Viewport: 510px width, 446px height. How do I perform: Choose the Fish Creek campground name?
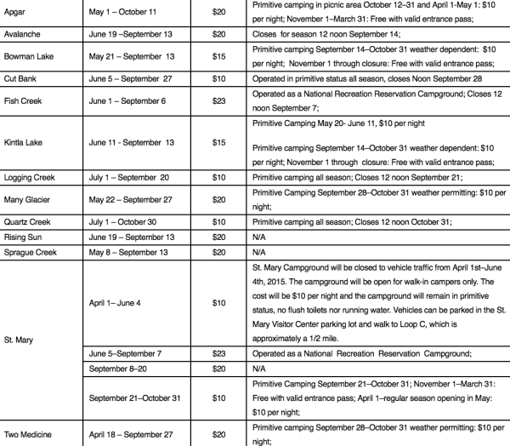point(24,100)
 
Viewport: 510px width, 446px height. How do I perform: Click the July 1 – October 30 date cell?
point(125,222)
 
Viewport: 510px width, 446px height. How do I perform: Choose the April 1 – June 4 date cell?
point(116,303)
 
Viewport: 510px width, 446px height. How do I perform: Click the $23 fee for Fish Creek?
point(218,100)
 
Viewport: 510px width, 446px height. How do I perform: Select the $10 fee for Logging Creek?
point(218,178)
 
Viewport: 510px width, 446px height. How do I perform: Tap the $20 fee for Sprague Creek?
point(218,253)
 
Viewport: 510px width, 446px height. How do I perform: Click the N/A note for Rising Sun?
point(260,237)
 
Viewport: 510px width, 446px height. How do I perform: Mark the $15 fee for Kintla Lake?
point(218,141)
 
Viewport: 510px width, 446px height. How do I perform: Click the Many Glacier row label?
point(27,200)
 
